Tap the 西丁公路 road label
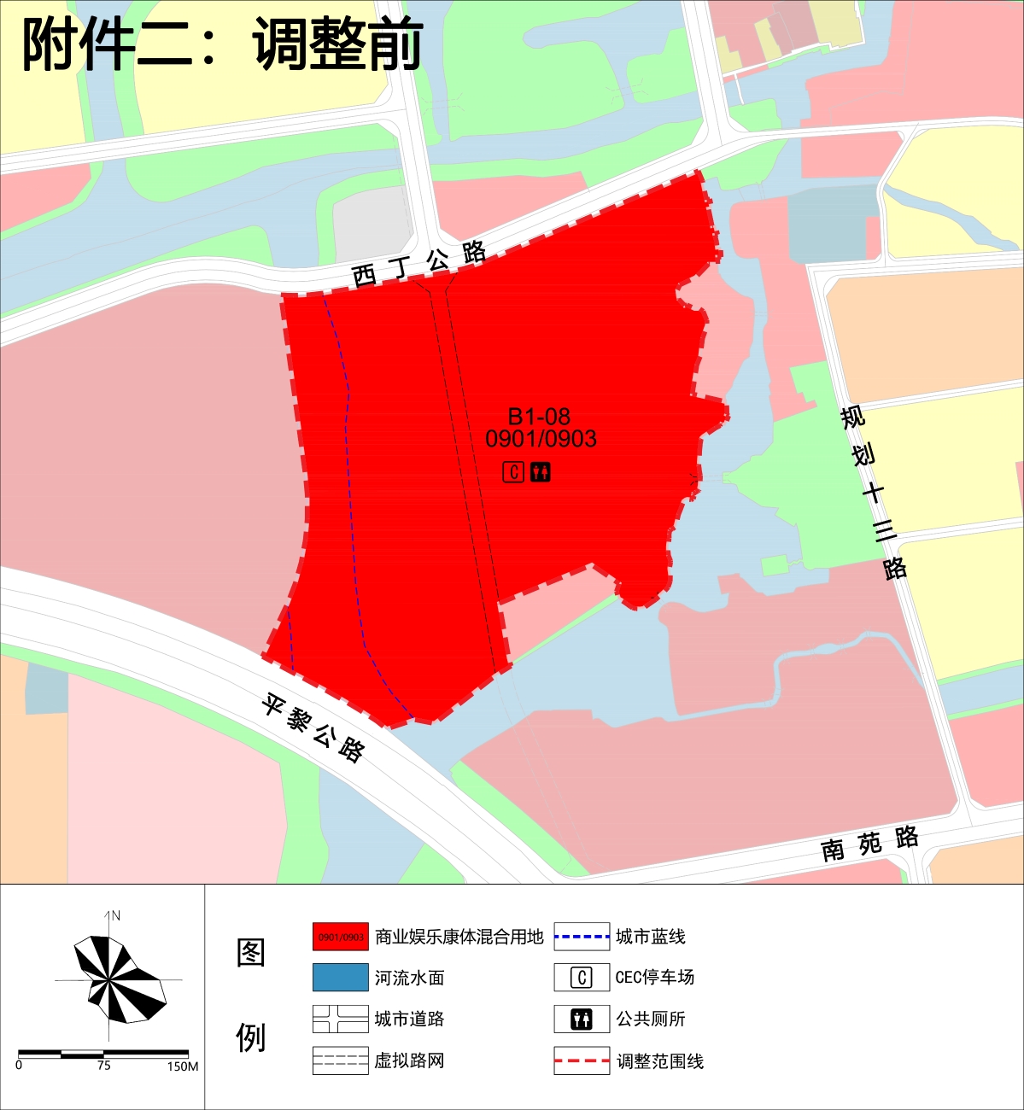[418, 263]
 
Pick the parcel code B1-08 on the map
[539, 417]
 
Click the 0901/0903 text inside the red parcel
[541, 439]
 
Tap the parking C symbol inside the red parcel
[513, 471]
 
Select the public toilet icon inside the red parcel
[540, 471]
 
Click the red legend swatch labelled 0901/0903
[341, 937]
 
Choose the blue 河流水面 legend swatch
[341, 978]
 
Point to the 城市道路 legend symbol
[341, 1019]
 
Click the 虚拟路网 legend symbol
[341, 1060]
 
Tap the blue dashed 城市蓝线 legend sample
[582, 937]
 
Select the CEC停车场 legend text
[655, 978]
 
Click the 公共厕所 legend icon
[582, 1019]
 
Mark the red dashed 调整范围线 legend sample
[582, 1060]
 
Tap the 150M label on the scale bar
[183, 1066]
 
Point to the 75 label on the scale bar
[103, 1066]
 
